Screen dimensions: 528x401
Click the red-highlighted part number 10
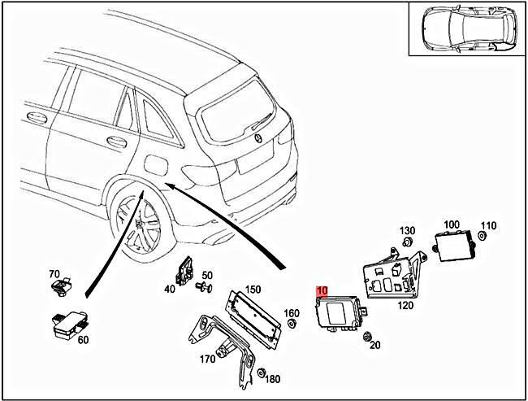[x=322, y=290]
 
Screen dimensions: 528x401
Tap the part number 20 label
[x=375, y=345]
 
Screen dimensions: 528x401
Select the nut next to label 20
[x=366, y=336]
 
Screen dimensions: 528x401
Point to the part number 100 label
[x=452, y=224]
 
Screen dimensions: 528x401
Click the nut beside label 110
[x=483, y=236]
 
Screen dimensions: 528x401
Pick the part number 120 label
[x=405, y=306]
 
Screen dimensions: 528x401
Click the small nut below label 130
[x=408, y=242]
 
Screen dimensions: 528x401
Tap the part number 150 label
[x=253, y=290]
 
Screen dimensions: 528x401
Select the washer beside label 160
[x=292, y=324]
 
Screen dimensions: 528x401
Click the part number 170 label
[x=207, y=360]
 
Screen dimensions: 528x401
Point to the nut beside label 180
[x=261, y=373]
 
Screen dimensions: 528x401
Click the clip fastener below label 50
[x=204, y=287]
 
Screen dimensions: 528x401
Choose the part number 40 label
[x=170, y=289]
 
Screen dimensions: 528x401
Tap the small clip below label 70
[x=61, y=287]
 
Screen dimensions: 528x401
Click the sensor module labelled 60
[x=69, y=324]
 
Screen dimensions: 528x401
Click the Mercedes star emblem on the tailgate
[x=258, y=138]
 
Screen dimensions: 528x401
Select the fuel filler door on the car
[x=156, y=165]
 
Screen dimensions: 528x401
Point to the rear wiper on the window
[x=262, y=122]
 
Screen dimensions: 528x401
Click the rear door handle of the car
[x=116, y=142]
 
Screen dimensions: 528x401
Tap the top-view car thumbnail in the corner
[x=467, y=29]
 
